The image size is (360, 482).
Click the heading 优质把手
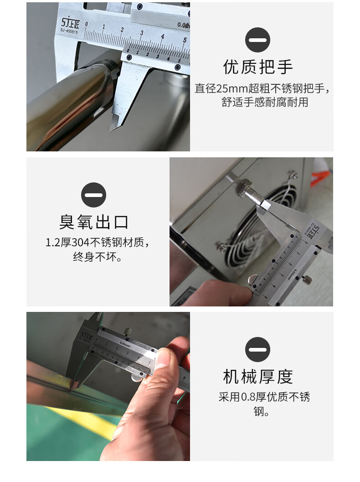(258, 67)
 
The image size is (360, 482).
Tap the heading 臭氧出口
(94, 222)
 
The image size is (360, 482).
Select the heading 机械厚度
(258, 377)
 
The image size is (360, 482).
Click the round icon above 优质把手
(258, 40)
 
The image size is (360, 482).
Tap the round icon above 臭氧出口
(94, 195)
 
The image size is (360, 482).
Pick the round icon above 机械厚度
(258, 349)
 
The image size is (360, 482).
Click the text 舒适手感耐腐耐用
(265, 102)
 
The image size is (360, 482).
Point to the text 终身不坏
(95, 257)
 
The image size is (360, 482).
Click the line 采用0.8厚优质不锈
(264, 397)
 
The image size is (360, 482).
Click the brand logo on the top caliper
(70, 22)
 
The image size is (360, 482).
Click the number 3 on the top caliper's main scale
(142, 33)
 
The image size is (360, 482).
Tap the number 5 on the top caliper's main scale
(185, 40)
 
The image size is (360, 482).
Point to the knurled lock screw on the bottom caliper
(128, 332)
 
